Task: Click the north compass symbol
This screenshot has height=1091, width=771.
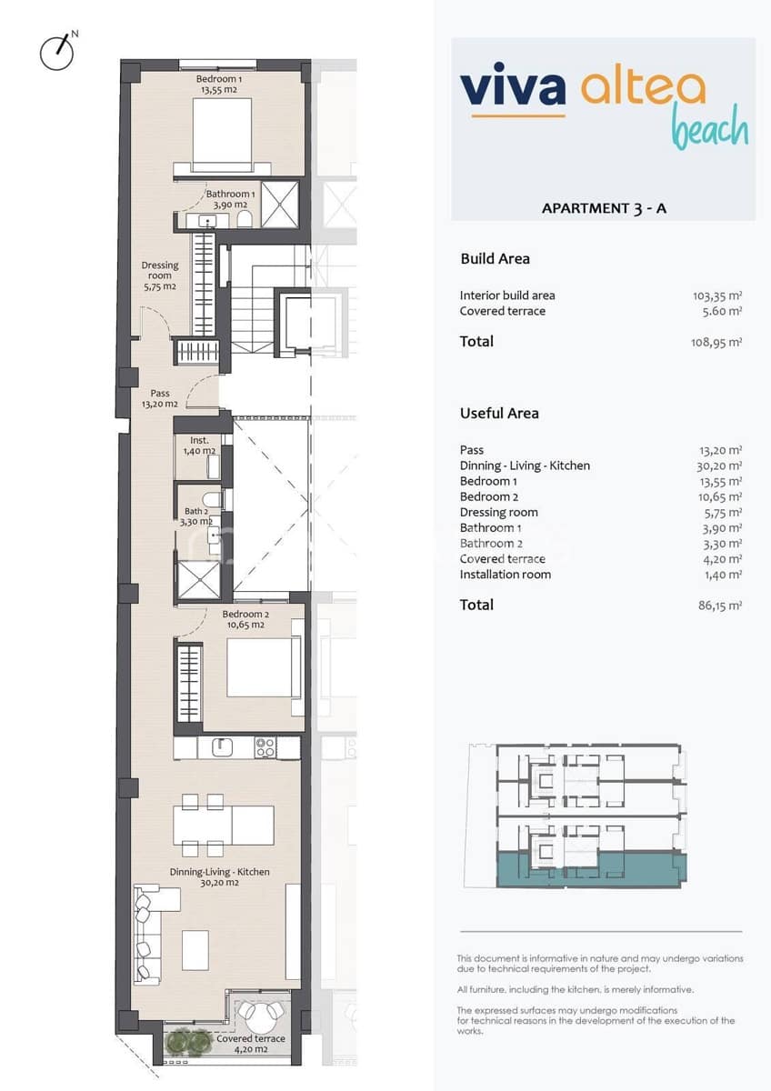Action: pos(57,52)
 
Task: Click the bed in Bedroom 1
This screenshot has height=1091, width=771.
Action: pos(222,134)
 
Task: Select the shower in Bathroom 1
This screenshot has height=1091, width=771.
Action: pos(280,203)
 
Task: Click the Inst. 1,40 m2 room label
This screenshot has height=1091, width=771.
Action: pos(197,445)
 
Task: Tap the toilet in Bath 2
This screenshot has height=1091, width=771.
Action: pos(212,499)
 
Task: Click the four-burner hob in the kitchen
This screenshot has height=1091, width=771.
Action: pos(265,747)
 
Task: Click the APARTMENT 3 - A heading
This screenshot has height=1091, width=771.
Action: pos(604,208)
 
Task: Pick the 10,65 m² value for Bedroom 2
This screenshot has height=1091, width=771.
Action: pos(716,497)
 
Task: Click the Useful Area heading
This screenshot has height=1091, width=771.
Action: pos(499,413)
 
